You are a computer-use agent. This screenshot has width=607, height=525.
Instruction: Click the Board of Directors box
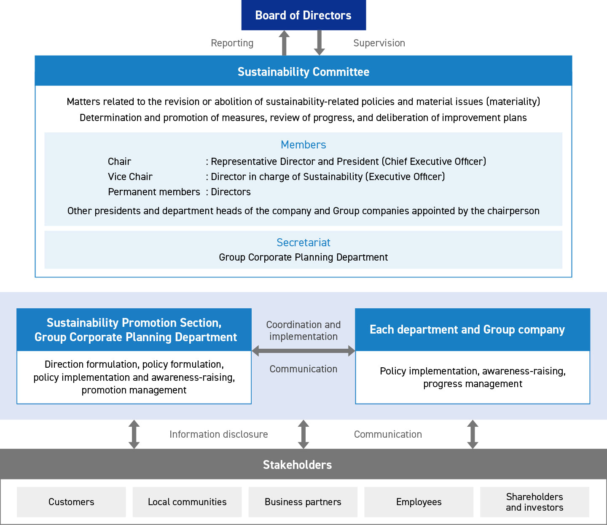coord(303,15)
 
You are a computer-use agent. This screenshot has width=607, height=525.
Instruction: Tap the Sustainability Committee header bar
coord(303,71)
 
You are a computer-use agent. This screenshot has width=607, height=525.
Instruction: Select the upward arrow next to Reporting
coord(284,43)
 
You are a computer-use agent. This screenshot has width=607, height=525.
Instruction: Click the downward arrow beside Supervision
coord(319,43)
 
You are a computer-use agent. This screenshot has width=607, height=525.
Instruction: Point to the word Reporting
coord(232,43)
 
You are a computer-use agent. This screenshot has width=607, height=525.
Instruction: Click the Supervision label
coord(379,43)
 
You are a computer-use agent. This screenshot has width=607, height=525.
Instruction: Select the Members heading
coord(303,145)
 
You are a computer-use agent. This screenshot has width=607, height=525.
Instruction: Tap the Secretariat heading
coord(303,242)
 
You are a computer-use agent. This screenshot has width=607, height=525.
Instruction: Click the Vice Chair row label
coord(130,177)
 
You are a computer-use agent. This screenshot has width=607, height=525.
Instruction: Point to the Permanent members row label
coord(154,192)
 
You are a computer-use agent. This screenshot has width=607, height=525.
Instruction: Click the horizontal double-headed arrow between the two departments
coord(303,351)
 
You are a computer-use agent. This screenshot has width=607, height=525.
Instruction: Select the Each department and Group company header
coord(473,330)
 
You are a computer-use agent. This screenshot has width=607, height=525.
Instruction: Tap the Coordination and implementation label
coord(303,331)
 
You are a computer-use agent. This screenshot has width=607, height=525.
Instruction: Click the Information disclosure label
coord(218,434)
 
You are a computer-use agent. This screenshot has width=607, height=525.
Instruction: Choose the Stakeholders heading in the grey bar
coord(297,465)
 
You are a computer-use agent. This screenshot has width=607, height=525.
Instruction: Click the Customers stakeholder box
coord(71,502)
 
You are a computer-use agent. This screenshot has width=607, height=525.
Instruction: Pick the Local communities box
coord(187,502)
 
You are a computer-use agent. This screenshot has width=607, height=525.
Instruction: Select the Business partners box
coord(303,502)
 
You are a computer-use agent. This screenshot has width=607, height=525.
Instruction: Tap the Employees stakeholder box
coord(419,502)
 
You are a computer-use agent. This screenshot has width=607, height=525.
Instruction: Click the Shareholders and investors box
coord(535,502)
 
